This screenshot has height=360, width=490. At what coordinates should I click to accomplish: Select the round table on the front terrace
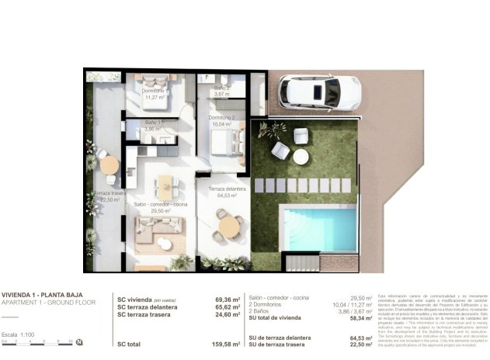click(x=228, y=226)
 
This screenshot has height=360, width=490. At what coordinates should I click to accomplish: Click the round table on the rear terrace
click(x=109, y=164)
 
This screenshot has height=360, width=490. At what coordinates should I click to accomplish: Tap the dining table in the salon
click(x=165, y=185)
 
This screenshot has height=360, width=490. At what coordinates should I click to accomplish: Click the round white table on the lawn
click(x=301, y=156)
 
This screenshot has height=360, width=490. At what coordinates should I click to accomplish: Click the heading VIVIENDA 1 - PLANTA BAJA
click(x=46, y=295)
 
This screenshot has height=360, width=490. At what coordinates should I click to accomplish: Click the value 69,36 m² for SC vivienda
click(x=226, y=299)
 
